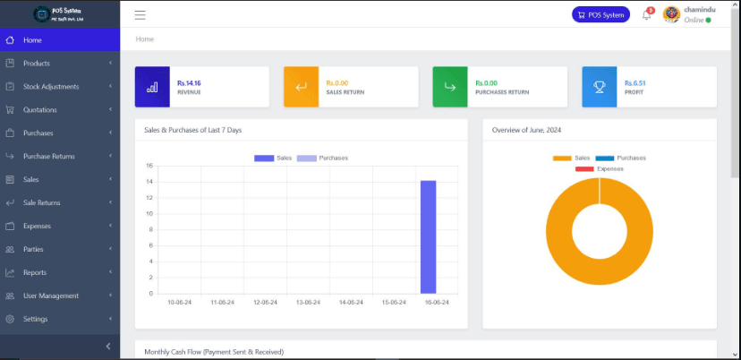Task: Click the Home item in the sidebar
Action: click(32, 40)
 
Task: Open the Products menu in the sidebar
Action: click(36, 64)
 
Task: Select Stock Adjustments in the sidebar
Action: click(51, 87)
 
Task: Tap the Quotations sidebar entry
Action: click(40, 110)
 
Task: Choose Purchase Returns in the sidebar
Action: click(48, 157)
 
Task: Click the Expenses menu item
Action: click(37, 227)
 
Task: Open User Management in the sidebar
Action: click(51, 296)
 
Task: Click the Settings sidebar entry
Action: click(36, 320)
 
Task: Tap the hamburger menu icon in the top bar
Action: click(141, 14)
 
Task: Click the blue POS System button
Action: click(600, 14)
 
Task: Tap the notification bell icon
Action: click(646, 15)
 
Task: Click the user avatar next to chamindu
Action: click(671, 14)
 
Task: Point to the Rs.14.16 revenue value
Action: click(189, 82)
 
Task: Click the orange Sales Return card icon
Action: click(301, 87)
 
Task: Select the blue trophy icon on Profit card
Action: click(599, 87)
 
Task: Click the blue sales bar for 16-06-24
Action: click(428, 237)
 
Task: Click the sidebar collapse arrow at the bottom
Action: click(108, 347)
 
